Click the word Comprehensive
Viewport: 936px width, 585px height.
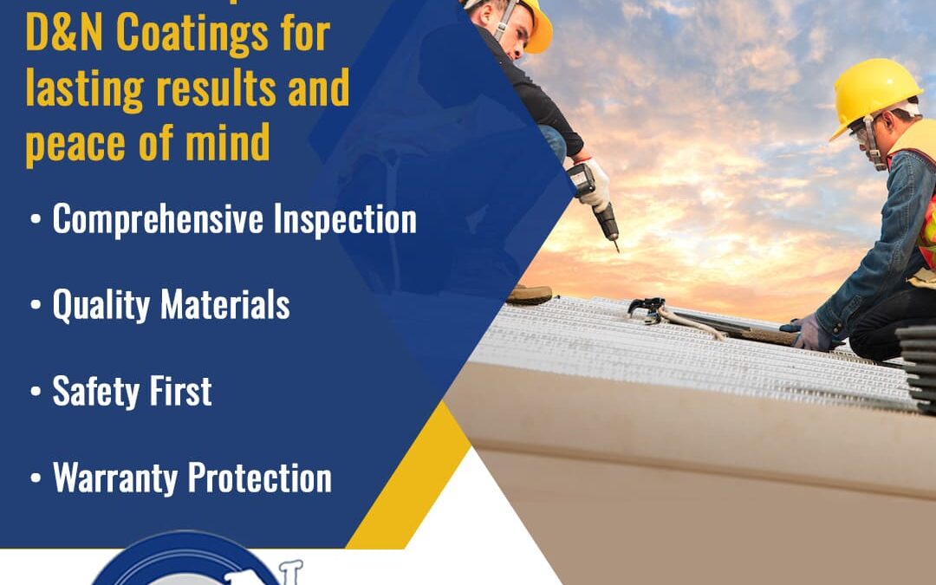(157, 220)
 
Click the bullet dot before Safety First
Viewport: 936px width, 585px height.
(36, 393)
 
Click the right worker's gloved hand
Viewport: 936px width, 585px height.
(812, 332)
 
